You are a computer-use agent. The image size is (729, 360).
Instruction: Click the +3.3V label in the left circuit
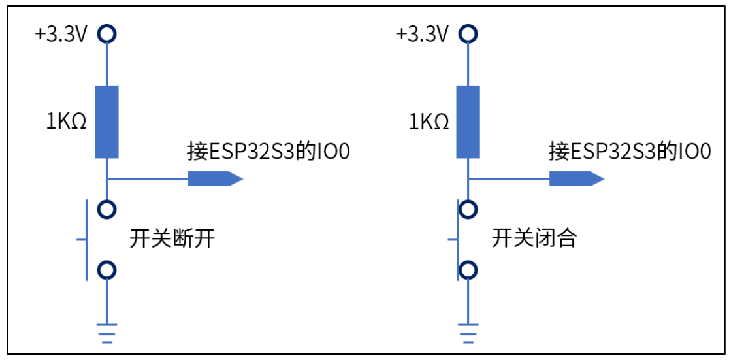[61, 33]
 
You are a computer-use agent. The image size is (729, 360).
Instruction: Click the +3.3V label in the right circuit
[422, 33]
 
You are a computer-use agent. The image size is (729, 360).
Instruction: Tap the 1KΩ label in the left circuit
[66, 122]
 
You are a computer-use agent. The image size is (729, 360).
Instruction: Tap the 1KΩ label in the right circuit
[428, 122]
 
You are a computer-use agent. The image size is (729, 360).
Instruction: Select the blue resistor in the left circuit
[106, 122]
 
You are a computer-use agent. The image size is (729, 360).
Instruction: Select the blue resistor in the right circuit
[468, 122]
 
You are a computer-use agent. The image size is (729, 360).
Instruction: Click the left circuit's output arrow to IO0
[215, 178]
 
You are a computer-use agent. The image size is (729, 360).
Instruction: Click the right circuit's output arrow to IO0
[576, 178]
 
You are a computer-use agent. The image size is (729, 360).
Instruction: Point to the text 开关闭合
[534, 239]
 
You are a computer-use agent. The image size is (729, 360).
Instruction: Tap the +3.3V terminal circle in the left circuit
[106, 33]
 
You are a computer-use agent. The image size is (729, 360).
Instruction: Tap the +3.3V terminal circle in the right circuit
[468, 33]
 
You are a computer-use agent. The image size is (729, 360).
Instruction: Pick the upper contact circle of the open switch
[106, 209]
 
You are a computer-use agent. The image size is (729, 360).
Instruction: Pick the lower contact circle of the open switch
[106, 269]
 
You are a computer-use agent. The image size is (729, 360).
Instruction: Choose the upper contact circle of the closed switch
[468, 209]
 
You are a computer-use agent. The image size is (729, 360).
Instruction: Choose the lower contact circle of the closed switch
[468, 269]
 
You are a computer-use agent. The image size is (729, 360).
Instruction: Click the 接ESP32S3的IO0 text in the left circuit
[268, 152]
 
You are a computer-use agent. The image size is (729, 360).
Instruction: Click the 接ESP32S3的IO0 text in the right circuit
[630, 152]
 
